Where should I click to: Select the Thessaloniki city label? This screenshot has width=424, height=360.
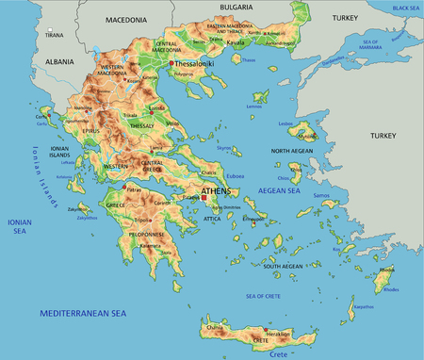click(x=195, y=64)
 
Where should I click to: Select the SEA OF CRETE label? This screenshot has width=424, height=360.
click(x=265, y=297)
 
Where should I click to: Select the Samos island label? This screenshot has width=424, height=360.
click(x=321, y=195)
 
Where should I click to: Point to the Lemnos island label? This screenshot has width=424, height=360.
click(x=253, y=106)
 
